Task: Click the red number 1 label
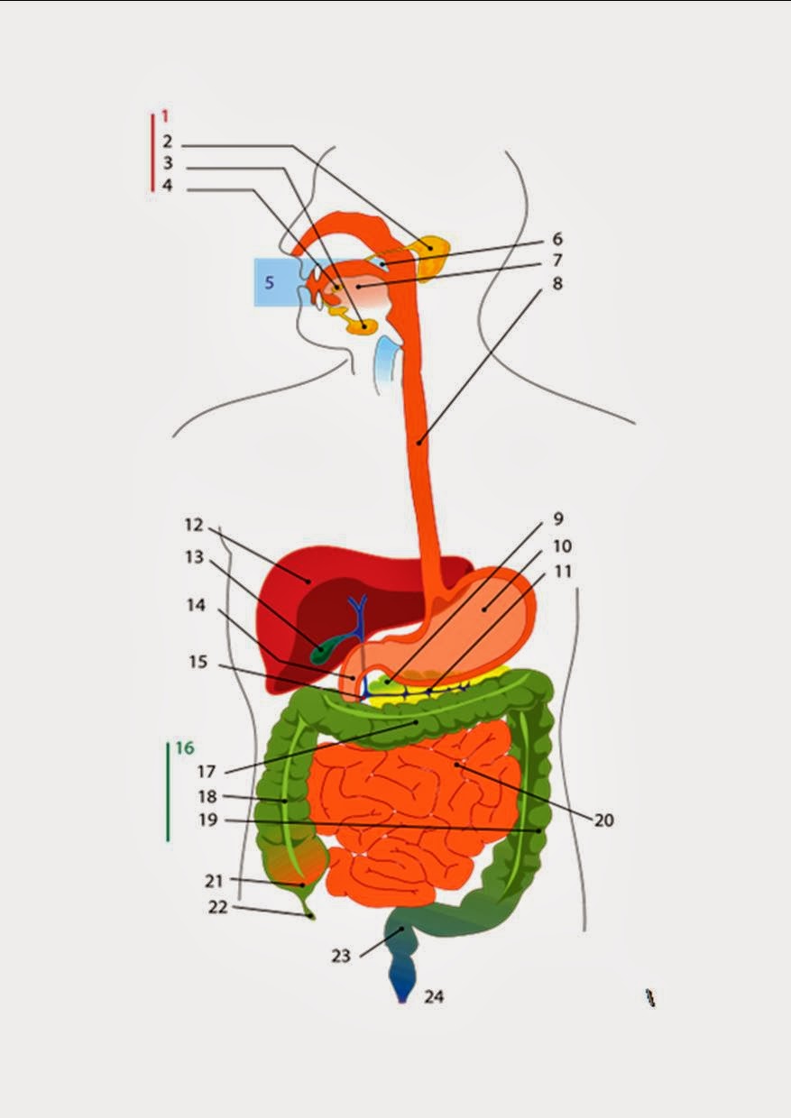tap(166, 116)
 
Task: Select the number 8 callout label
tap(556, 284)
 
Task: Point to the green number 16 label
tap(184, 747)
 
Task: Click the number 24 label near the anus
tap(435, 997)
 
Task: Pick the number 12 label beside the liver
tap(195, 525)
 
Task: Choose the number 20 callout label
tap(603, 820)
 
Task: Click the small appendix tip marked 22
tap(312, 916)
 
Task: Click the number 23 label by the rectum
tap(340, 956)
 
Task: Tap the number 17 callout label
tap(207, 772)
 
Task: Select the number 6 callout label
tap(556, 239)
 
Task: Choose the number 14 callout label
tap(197, 606)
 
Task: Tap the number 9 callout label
tap(558, 519)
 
